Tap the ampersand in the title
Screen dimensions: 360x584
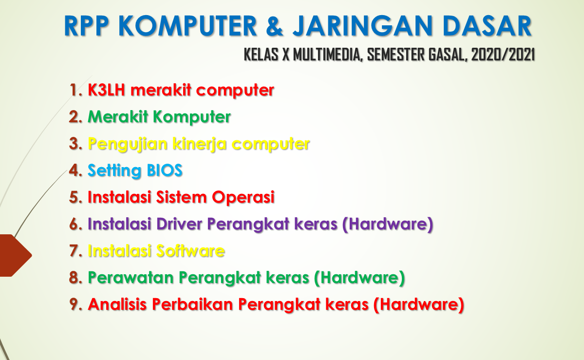tap(275, 27)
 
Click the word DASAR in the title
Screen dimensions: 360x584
tap(488, 27)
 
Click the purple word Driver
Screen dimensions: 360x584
tap(180, 224)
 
